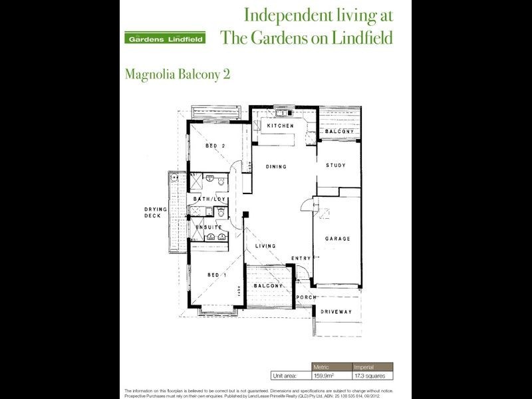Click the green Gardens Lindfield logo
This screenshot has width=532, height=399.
tap(164, 37)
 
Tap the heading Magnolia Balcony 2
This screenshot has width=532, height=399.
tap(178, 74)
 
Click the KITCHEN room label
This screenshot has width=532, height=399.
tap(280, 126)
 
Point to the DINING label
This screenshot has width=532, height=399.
tap(277, 166)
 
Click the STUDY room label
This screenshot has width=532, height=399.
tap(336, 165)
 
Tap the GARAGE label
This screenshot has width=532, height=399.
tap(337, 238)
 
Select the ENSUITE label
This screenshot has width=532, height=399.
tap(208, 227)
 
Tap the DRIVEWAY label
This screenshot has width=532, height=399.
tap(336, 311)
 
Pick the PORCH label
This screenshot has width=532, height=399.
tap(307, 297)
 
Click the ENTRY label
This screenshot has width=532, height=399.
tap(301, 258)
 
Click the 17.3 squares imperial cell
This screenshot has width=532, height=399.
tap(372, 376)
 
